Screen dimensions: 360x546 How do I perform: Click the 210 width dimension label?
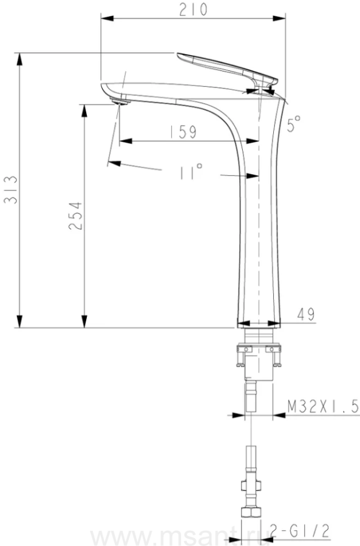click(193, 9)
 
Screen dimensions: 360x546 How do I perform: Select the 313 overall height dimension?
click(10, 190)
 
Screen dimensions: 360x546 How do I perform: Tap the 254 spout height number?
click(76, 215)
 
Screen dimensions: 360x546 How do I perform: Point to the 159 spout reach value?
click(183, 132)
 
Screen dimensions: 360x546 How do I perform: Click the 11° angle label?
click(191, 171)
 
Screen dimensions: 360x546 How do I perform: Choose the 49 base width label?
click(305, 314)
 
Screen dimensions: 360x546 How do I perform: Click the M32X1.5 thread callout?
click(323, 406)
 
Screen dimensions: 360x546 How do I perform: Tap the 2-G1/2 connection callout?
click(300, 531)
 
